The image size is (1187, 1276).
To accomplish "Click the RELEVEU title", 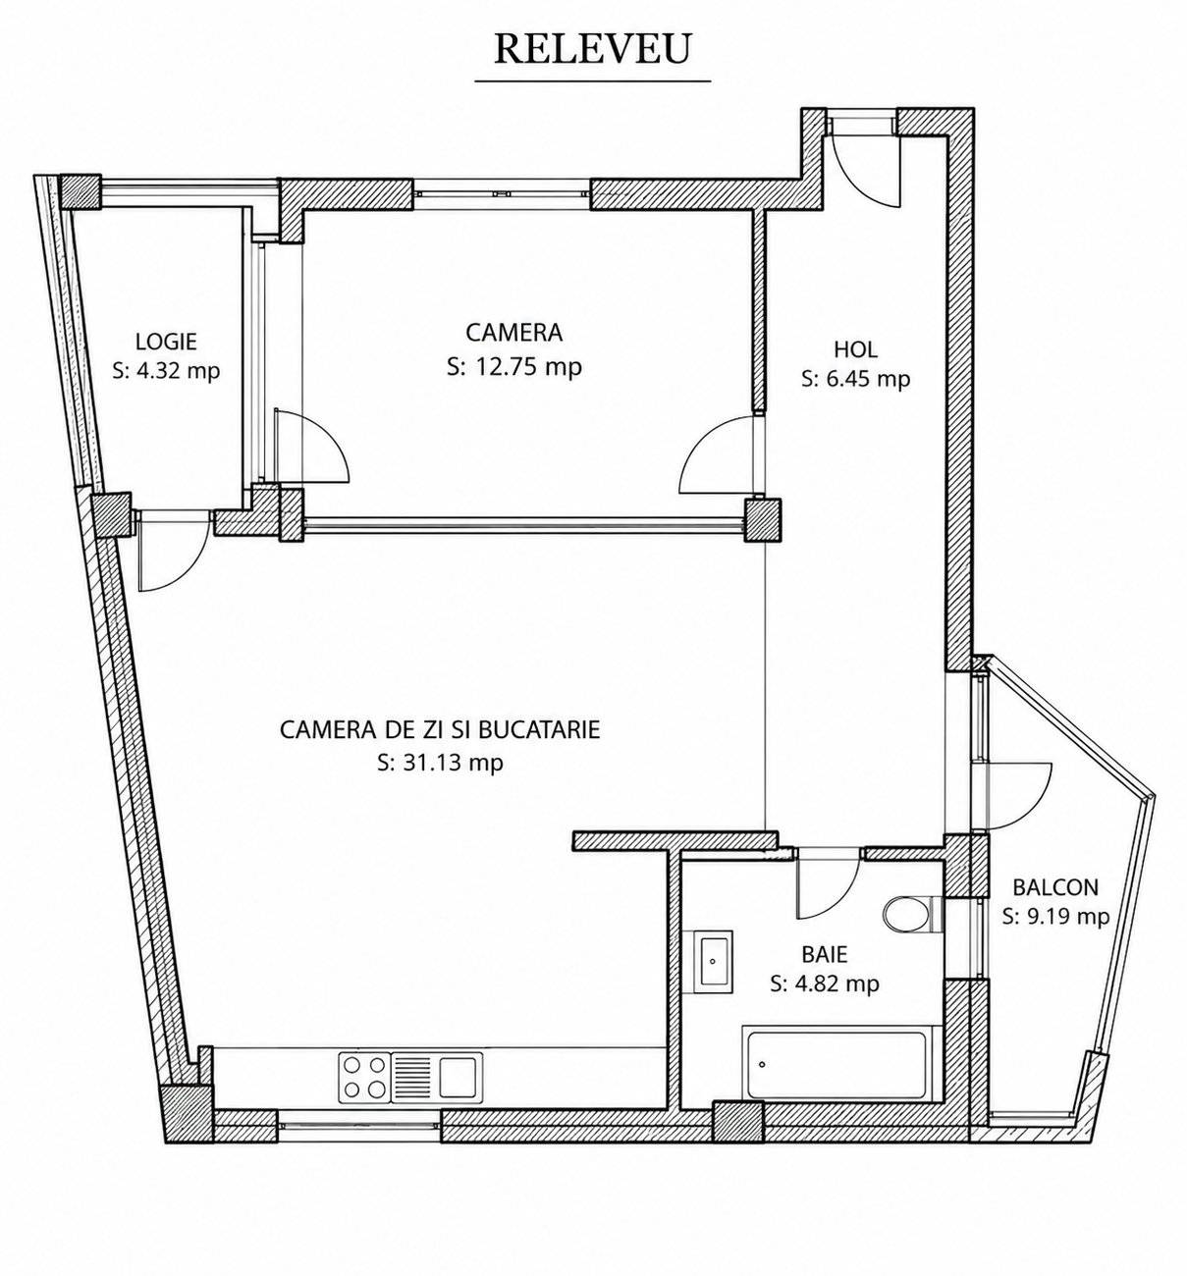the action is (592, 48).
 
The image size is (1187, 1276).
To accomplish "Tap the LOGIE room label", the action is (166, 342).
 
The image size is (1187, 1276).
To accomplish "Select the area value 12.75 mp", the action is (529, 367).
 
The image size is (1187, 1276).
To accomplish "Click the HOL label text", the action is (855, 349).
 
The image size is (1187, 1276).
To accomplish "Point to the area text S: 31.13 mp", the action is (440, 763).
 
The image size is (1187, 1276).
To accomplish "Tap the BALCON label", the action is (1055, 887).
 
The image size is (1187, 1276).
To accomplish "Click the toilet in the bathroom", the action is (912, 914).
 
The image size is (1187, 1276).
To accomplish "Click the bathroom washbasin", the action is (714, 961).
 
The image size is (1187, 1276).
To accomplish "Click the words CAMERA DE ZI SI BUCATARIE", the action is (440, 729).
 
